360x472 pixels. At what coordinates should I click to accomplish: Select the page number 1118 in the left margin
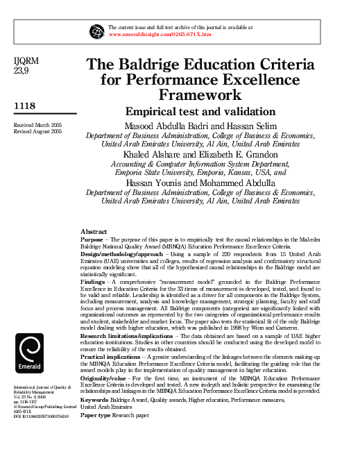26,106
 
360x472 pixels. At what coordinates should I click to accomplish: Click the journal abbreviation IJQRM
27,61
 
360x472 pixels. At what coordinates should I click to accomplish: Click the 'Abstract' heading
94,230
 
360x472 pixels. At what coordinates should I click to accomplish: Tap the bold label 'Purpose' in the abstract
92,238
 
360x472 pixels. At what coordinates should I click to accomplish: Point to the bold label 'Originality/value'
105,378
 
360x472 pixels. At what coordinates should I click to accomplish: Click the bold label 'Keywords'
95,400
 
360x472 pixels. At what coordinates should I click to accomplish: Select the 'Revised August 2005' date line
37,130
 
